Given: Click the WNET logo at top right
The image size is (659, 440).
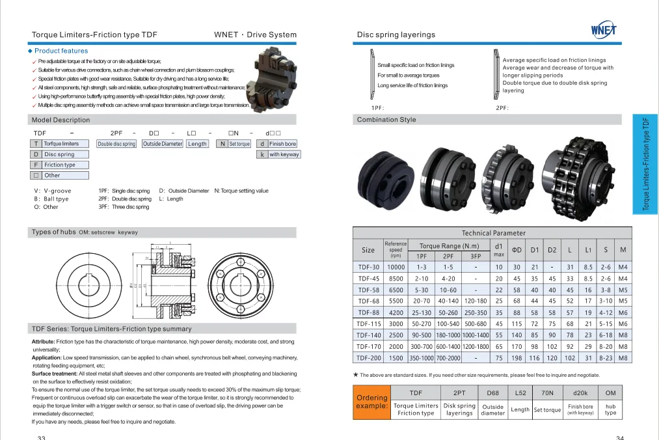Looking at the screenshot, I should (x=604, y=30).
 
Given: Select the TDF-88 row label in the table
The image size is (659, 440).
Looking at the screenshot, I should (x=368, y=312).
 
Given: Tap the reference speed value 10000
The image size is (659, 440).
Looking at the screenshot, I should (x=396, y=267).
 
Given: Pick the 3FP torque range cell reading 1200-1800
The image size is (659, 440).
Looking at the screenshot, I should (x=475, y=347).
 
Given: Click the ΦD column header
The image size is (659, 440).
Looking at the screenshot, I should (x=517, y=250).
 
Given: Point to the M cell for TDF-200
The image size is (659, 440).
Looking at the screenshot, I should (x=623, y=358).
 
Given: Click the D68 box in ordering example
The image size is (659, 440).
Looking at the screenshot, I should (x=492, y=393).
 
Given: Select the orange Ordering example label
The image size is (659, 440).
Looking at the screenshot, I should (x=371, y=402).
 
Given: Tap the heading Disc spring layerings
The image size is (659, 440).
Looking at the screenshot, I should (x=396, y=34).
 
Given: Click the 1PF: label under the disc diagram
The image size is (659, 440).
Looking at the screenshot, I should (x=377, y=108).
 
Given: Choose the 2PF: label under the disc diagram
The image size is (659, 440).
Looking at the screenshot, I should (x=502, y=108).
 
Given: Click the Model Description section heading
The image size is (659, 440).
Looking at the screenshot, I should (x=61, y=120).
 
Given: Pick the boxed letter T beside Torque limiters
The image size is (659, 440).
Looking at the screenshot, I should (x=36, y=144).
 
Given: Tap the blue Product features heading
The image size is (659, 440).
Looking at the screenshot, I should (x=61, y=51).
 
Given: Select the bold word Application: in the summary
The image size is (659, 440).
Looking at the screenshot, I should (x=46, y=357).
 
